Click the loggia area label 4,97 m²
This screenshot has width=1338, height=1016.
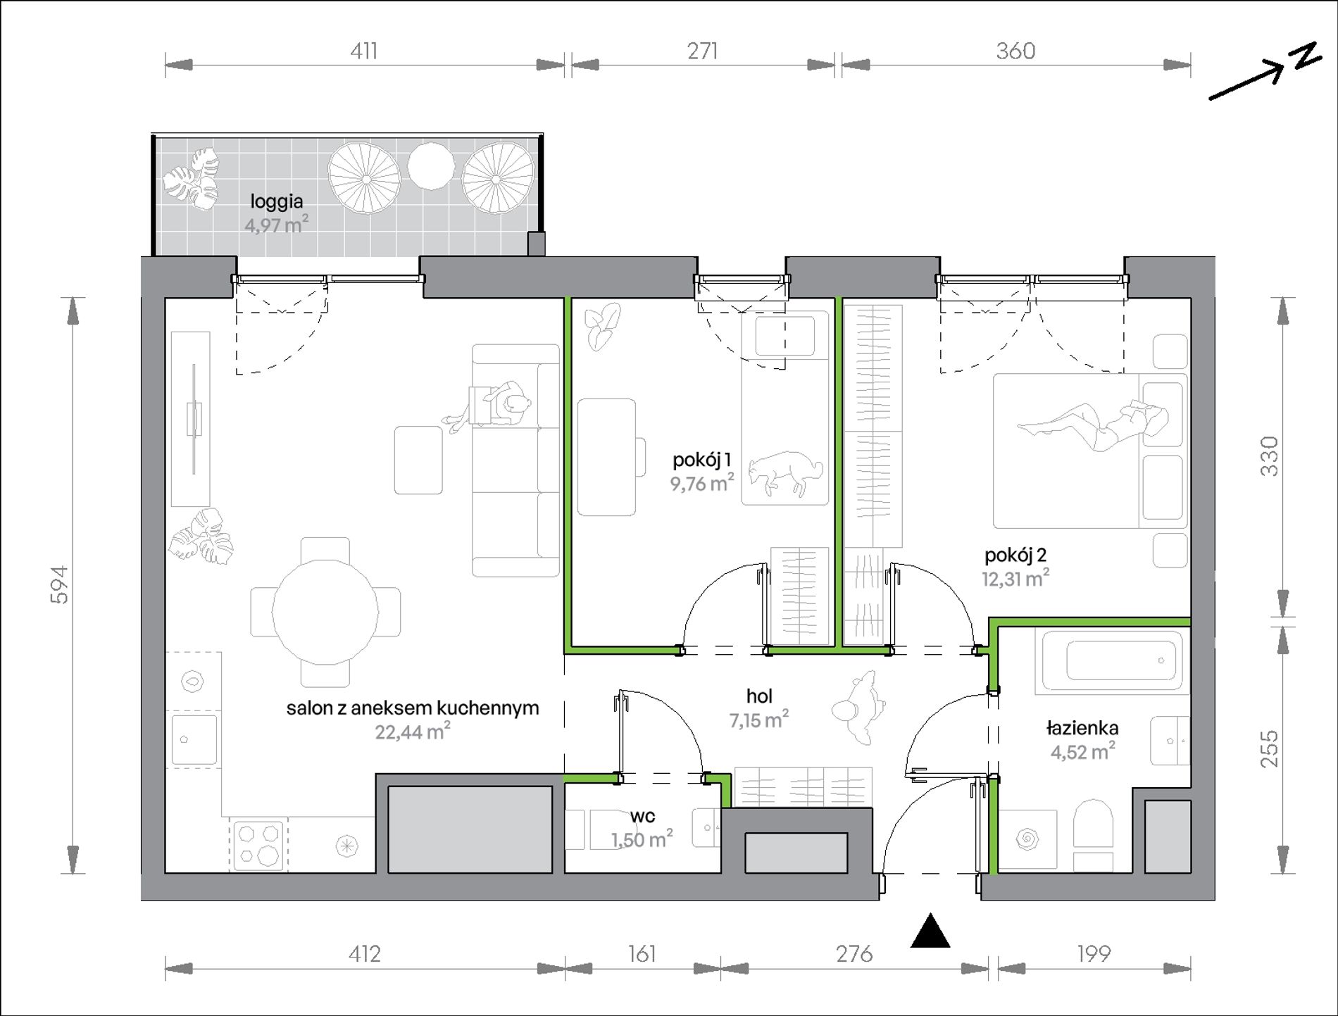click(x=276, y=225)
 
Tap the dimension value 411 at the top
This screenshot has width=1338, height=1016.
click(x=364, y=51)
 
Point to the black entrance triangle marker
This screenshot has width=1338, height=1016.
click(x=930, y=931)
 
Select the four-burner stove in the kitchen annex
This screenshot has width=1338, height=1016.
click(x=258, y=846)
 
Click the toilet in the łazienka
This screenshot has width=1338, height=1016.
click(x=1092, y=835)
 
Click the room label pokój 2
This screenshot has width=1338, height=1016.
click(x=1015, y=556)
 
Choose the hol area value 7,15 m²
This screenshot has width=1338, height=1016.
click(x=759, y=720)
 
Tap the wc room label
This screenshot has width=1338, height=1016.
click(x=642, y=816)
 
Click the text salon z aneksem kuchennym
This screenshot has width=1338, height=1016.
click(x=413, y=708)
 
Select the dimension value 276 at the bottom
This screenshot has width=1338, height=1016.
click(x=854, y=954)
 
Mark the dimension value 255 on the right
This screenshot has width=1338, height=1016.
click(x=1269, y=748)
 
